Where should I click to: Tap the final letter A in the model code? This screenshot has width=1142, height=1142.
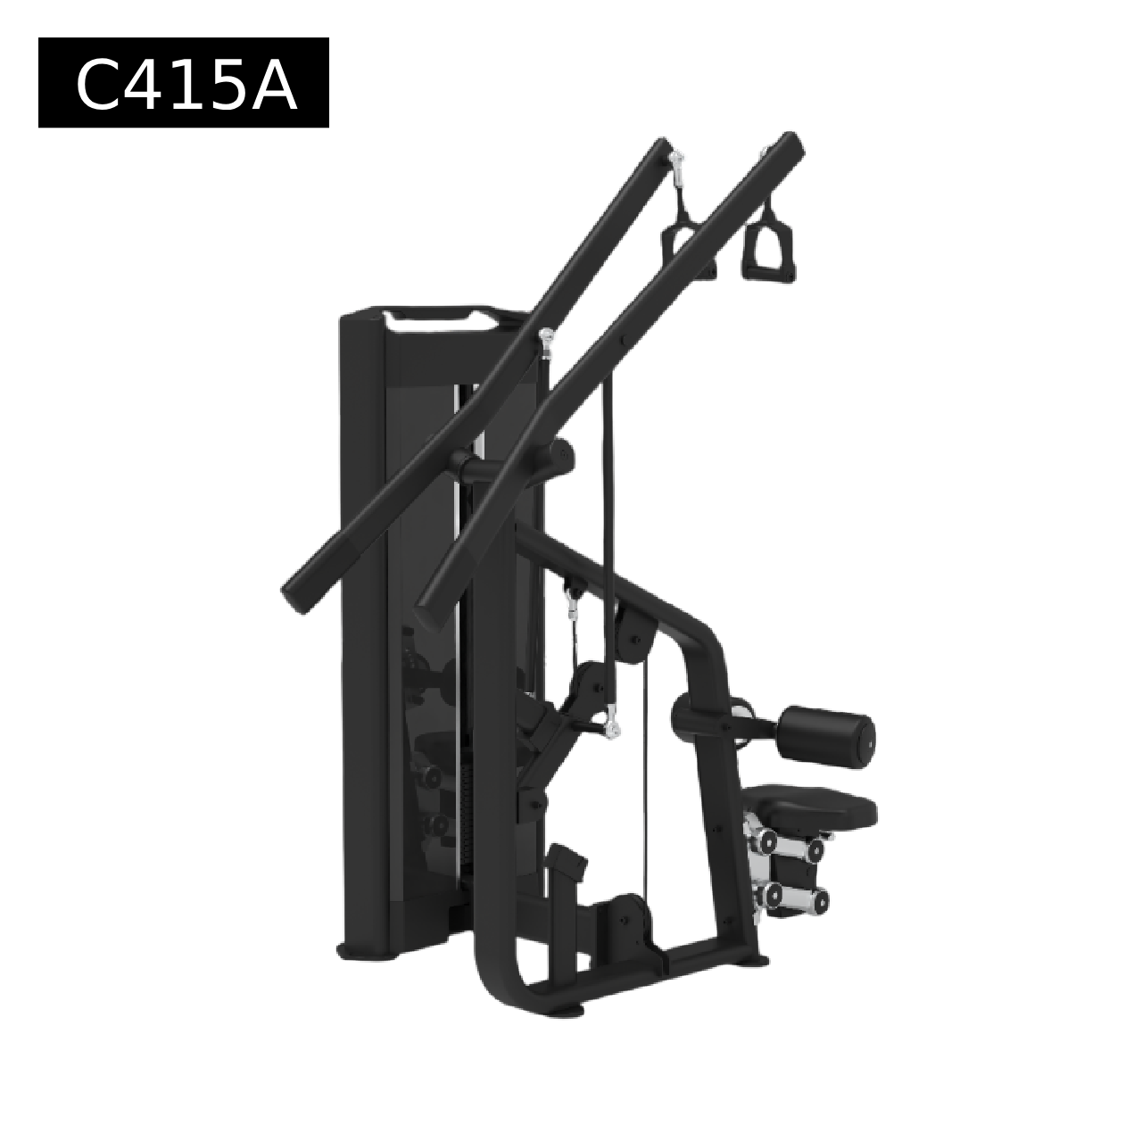coord(272,84)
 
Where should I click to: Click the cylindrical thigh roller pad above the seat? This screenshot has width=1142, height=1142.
coord(831,733)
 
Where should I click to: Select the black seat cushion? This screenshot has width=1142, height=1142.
coord(809,805)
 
